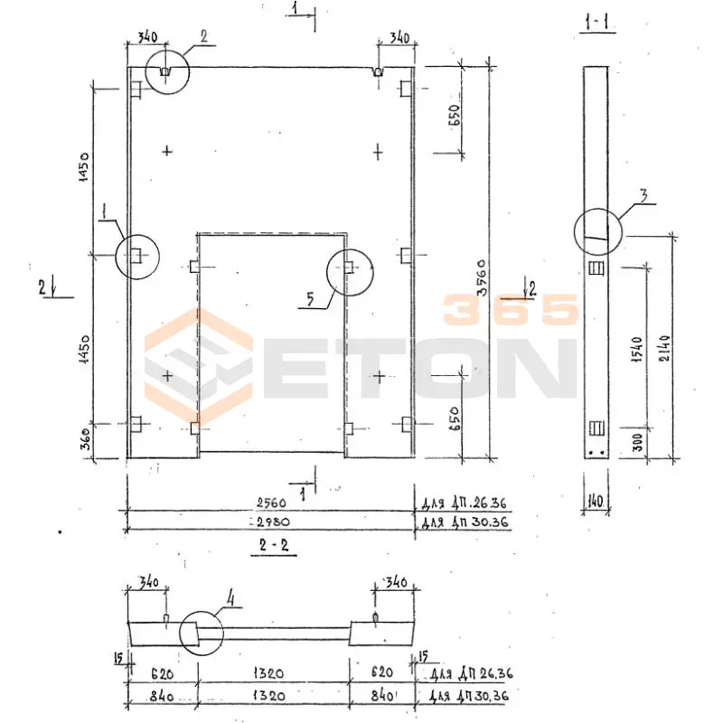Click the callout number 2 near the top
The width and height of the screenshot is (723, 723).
pos(204,36)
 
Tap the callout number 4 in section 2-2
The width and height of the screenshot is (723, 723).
pos(230,596)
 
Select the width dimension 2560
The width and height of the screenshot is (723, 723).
pos(271,503)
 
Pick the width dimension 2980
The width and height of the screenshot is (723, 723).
pos(271,523)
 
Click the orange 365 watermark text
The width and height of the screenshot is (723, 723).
pos(511,310)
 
